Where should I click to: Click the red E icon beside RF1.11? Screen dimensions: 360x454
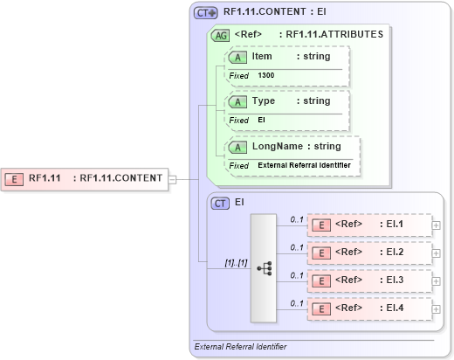15,178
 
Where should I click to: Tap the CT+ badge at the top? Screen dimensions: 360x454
205,13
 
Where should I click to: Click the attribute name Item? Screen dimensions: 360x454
262,57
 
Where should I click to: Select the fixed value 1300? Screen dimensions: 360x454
267,76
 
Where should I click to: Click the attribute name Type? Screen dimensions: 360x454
263,101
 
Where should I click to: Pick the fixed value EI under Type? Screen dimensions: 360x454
261,120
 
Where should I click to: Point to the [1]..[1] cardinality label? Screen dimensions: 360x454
212,261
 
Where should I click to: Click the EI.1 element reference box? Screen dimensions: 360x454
369,225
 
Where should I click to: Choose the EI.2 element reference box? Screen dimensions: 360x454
369,253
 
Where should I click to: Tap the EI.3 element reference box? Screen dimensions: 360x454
369,280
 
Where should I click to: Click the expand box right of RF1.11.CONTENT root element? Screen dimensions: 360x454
172,179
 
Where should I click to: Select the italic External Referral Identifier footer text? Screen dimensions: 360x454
240,347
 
